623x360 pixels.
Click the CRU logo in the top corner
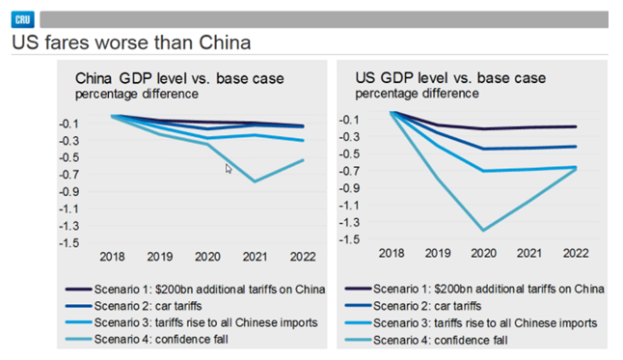(x=22, y=18)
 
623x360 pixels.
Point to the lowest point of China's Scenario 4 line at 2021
(x=255, y=180)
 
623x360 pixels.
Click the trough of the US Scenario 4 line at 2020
(x=482, y=230)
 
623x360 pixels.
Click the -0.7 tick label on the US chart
(x=347, y=170)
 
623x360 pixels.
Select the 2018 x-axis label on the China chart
(x=113, y=259)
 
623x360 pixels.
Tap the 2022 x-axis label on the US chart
(x=576, y=253)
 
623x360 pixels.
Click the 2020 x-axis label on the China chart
(x=207, y=259)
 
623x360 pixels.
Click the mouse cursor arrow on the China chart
(x=229, y=169)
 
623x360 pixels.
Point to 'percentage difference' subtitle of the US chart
(x=416, y=94)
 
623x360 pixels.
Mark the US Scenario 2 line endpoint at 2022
(x=577, y=147)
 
